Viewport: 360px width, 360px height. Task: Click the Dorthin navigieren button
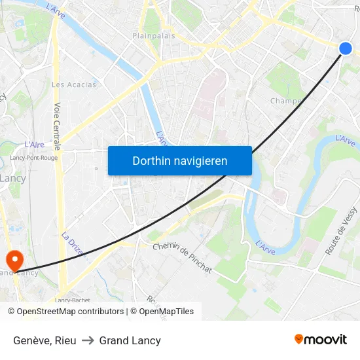coord(180,160)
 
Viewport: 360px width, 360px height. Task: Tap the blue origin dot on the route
coord(346,48)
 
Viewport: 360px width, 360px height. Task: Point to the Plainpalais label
coord(154,36)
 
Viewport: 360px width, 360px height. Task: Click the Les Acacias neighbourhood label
coord(74,84)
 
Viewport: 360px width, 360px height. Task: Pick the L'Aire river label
coord(34,145)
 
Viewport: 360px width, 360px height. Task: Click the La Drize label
coord(72,244)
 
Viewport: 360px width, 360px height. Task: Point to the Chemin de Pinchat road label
coord(182,257)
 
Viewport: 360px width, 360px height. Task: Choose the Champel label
coord(286,101)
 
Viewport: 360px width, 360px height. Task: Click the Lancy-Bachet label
coord(73,300)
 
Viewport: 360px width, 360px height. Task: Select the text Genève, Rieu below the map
coord(45,340)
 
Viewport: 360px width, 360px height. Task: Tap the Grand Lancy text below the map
coord(130,340)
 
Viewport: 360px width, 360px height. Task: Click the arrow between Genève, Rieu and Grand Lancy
coord(88,340)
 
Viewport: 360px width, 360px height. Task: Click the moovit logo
coord(320,339)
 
